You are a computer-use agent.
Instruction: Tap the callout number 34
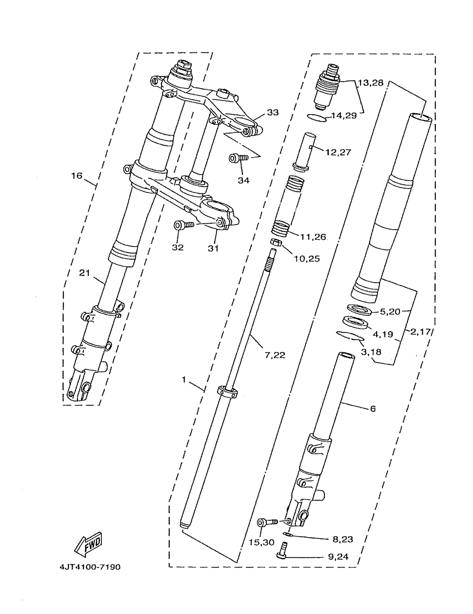pyautogui.click(x=243, y=180)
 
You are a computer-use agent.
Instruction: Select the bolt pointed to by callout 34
pyautogui.click(x=238, y=158)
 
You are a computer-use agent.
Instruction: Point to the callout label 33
pyautogui.click(x=273, y=113)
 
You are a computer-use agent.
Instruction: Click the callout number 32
pyautogui.click(x=178, y=247)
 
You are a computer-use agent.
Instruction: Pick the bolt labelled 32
pyautogui.click(x=184, y=225)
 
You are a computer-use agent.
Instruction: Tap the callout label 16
pyautogui.click(x=77, y=176)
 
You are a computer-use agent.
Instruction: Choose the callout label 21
pyautogui.click(x=84, y=273)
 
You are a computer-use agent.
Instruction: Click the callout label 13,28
pyautogui.click(x=371, y=83)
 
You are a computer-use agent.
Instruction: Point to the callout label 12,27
pyautogui.click(x=338, y=152)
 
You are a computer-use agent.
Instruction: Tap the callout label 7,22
pyautogui.click(x=275, y=355)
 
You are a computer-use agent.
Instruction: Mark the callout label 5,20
pyautogui.click(x=390, y=311)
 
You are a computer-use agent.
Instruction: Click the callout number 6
pyautogui.click(x=373, y=408)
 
